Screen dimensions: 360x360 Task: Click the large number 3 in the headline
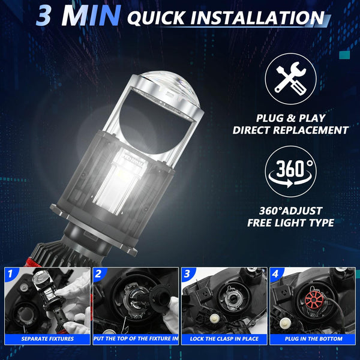pyautogui.click(x=44, y=16)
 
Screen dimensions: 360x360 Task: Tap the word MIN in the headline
pyautogui.click(x=91, y=16)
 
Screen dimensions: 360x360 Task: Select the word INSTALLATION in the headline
pyautogui.click(x=257, y=17)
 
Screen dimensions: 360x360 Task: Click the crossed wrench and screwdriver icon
pyautogui.click(x=290, y=79)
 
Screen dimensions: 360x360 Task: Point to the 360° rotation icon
pyautogui.click(x=290, y=172)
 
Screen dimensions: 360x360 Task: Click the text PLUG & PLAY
pyautogui.click(x=290, y=118)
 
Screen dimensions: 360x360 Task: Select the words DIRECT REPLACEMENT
pyautogui.click(x=290, y=130)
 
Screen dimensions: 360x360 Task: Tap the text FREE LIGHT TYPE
pyautogui.click(x=290, y=223)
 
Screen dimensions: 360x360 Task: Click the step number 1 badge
pyautogui.click(x=10, y=274)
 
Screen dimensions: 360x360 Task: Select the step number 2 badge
pyautogui.click(x=98, y=274)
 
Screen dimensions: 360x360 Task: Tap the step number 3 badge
pyautogui.click(x=187, y=274)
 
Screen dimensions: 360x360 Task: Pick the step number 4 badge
pyautogui.click(x=275, y=274)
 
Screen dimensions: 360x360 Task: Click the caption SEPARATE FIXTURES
pyautogui.click(x=47, y=338)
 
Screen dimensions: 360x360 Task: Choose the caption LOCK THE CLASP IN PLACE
pyautogui.click(x=224, y=338)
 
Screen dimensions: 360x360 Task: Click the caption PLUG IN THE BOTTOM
pyautogui.click(x=313, y=338)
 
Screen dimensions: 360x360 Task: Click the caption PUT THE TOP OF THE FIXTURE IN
pyautogui.click(x=136, y=338)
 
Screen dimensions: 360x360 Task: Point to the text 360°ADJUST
pyautogui.click(x=290, y=211)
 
